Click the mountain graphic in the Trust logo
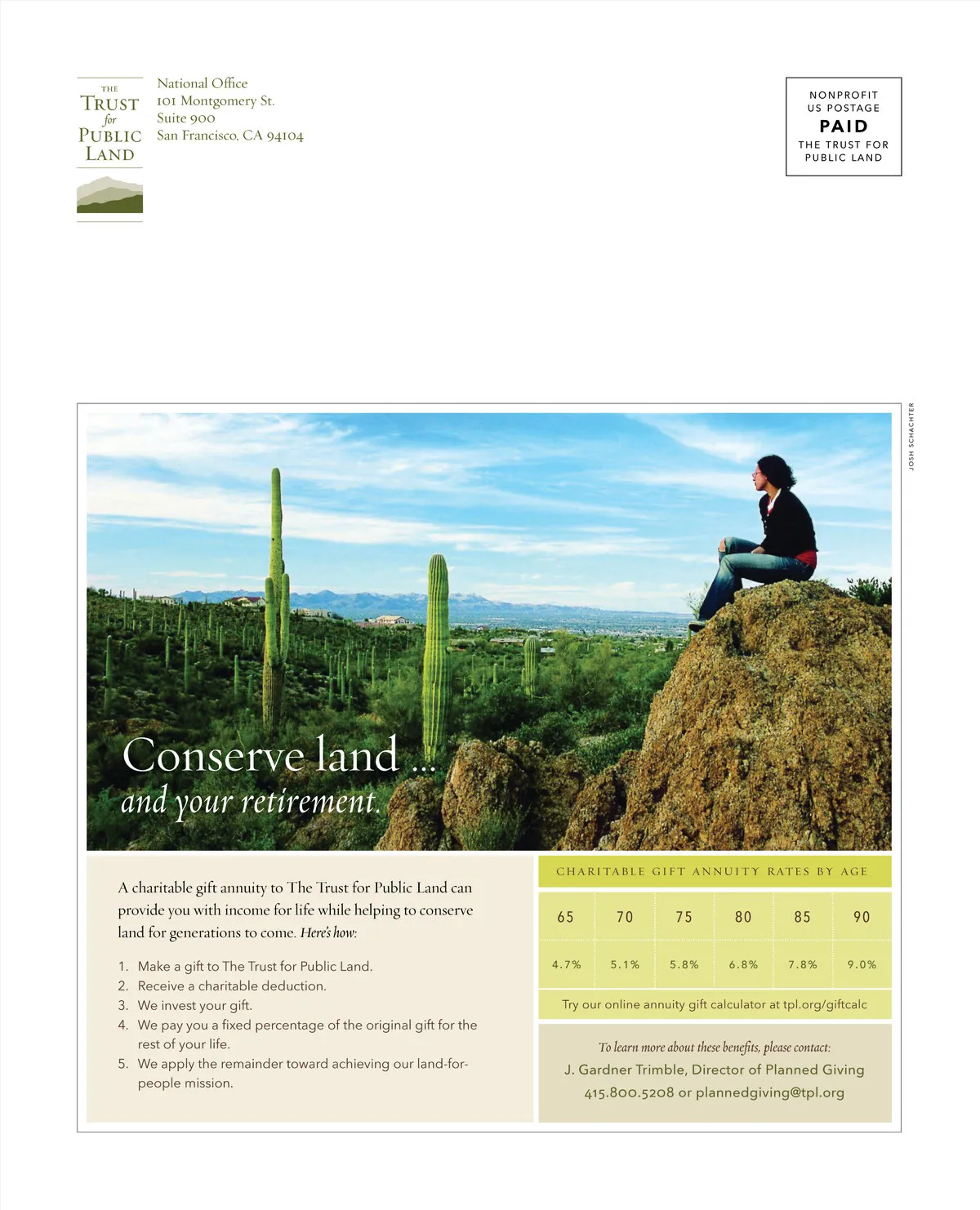point(109,196)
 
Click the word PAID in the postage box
point(844,127)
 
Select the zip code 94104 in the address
point(285,136)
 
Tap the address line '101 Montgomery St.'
point(216,101)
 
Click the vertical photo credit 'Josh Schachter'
point(911,437)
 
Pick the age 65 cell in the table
point(565,917)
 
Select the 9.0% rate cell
point(862,964)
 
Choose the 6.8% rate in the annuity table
point(743,964)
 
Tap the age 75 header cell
point(684,917)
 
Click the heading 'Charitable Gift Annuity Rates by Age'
point(711,871)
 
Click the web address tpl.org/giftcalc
point(825,1004)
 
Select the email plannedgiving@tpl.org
point(770,1092)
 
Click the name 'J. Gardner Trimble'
point(623,1070)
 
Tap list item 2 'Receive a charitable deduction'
point(231,985)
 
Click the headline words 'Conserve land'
point(261,755)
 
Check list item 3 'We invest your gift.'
point(194,1005)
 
